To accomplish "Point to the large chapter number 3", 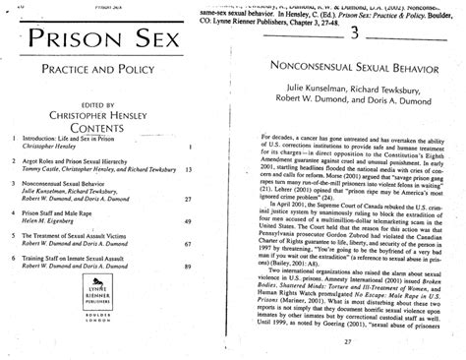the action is [352, 32].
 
